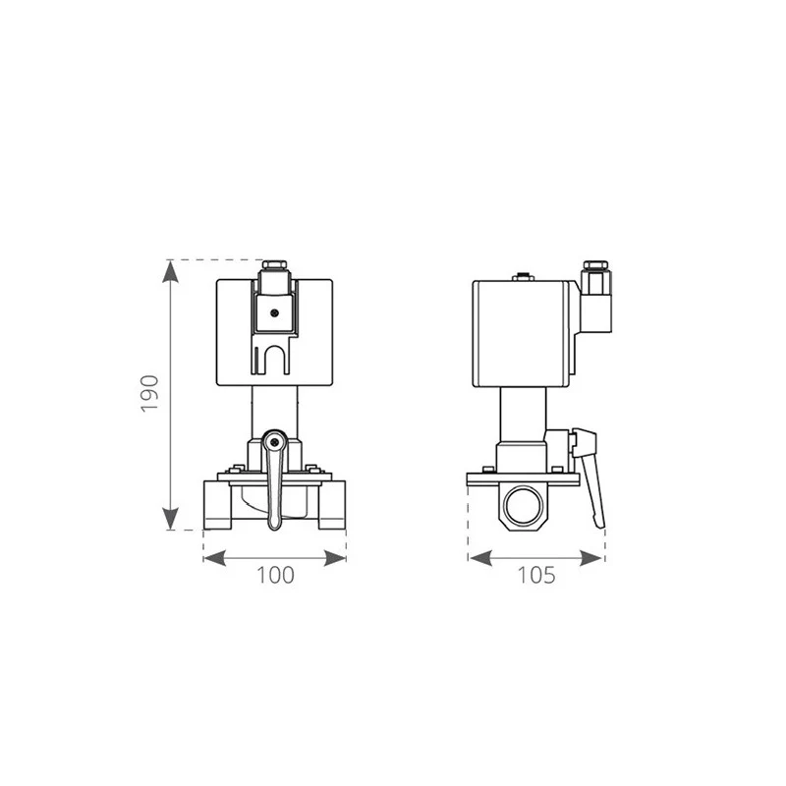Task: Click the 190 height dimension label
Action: point(149,394)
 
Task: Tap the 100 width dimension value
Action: point(275,575)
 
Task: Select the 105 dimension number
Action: point(536,575)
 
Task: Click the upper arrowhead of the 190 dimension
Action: point(171,272)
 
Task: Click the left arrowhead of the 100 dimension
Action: point(214,558)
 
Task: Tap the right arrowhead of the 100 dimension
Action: point(335,558)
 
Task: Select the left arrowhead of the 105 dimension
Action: point(480,558)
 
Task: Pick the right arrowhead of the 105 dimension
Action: point(590,558)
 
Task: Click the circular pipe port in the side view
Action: point(523,506)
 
